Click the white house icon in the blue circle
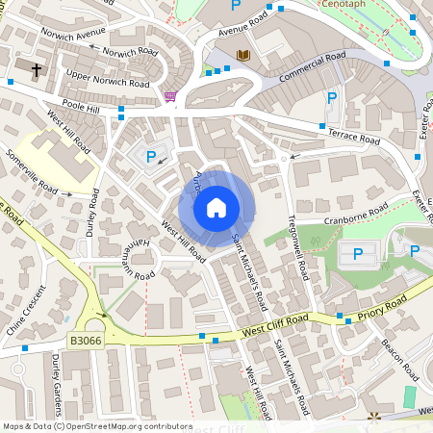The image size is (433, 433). click(216, 208)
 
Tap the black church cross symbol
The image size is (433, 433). click(37, 70)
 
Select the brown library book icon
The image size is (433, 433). click(242, 55)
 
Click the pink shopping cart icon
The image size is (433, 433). click(170, 96)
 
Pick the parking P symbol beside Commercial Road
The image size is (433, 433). click(332, 97)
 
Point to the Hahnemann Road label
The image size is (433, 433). click(132, 261)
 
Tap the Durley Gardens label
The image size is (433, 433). click(57, 381)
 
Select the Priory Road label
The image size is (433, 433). click(381, 300)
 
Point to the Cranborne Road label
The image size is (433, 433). click(355, 213)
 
